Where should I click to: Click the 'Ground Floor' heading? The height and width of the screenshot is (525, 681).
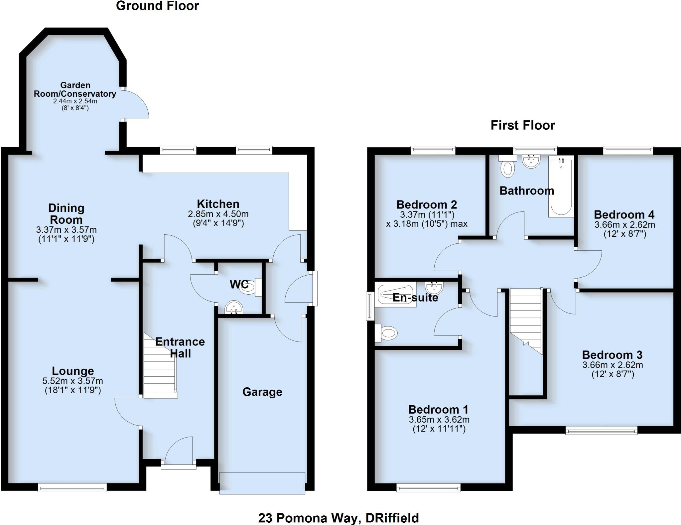pyautogui.click(x=157, y=6)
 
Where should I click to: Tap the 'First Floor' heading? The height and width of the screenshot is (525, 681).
pyautogui.click(x=523, y=125)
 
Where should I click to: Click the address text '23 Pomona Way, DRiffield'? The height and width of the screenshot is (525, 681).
pyautogui.click(x=339, y=518)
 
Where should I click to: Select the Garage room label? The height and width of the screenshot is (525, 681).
pyautogui.click(x=262, y=392)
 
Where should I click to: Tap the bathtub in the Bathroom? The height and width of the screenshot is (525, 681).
pyautogui.click(x=561, y=188)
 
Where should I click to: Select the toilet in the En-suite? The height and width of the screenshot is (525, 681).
pyautogui.click(x=387, y=332)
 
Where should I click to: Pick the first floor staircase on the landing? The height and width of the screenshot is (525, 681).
pyautogui.click(x=526, y=319)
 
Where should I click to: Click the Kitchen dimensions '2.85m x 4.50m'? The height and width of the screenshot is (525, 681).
pyautogui.click(x=218, y=214)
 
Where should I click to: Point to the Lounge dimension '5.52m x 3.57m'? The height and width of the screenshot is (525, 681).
pyautogui.click(x=73, y=381)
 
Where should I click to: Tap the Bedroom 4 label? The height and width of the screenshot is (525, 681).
pyautogui.click(x=624, y=214)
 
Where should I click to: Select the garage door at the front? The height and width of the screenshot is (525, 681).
pyautogui.click(x=262, y=482)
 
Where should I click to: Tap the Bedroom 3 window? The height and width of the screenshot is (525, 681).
pyautogui.click(x=601, y=431)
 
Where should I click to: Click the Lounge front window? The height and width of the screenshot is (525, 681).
pyautogui.click(x=72, y=488)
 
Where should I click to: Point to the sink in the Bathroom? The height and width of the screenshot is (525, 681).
pyautogui.click(x=531, y=161)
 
